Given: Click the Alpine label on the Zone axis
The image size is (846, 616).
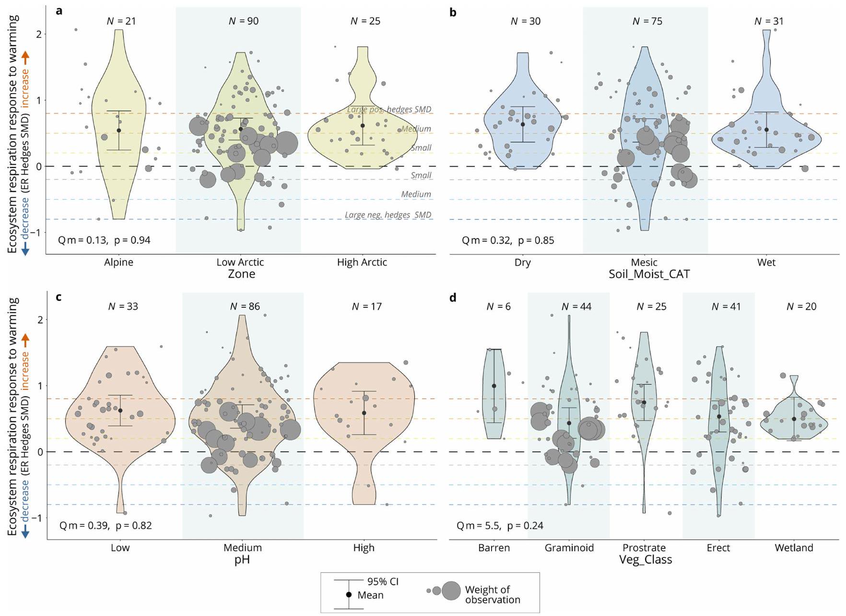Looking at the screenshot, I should (x=118, y=262).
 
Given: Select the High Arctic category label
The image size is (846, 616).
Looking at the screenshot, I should (x=362, y=262).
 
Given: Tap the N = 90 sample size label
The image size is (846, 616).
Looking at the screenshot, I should (x=243, y=21).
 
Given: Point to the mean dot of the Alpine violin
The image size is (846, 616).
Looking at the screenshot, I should (x=119, y=131).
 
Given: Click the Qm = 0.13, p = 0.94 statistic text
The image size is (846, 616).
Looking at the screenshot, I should (x=104, y=240).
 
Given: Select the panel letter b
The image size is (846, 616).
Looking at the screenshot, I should (x=453, y=12).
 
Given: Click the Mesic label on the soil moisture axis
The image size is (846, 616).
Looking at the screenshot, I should (x=644, y=262).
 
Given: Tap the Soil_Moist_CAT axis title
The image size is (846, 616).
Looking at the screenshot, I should (x=649, y=274).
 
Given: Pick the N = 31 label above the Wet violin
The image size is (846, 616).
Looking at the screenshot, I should (x=769, y=21).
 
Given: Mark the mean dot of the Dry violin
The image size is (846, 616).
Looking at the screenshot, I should (x=523, y=125).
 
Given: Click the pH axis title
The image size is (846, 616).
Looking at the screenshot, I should (x=242, y=559).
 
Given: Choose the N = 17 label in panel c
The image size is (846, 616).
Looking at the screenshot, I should (x=366, y=306).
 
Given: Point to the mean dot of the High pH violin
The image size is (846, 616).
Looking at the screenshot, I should (x=364, y=413).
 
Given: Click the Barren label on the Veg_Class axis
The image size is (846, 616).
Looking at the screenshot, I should (x=494, y=548).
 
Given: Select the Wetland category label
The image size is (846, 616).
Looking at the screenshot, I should (x=794, y=548).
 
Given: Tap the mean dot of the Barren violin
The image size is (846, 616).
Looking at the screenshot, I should (x=494, y=386).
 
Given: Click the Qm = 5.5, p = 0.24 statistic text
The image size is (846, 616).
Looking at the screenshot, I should (x=500, y=526).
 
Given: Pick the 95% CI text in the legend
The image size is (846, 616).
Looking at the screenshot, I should (x=383, y=581).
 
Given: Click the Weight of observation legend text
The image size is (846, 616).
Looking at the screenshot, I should (x=492, y=594).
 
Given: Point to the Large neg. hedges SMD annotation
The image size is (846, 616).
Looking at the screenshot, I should (x=388, y=215).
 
